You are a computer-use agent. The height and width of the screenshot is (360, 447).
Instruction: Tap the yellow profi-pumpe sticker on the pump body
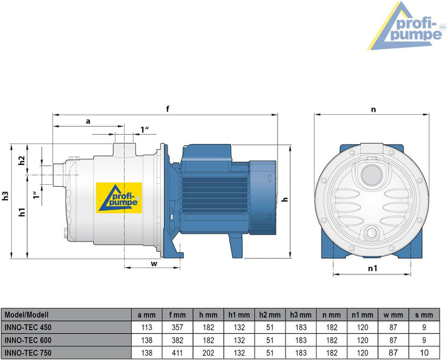pyautogui.click(x=119, y=197)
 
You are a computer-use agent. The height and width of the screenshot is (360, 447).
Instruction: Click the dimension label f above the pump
pyautogui.click(x=168, y=109)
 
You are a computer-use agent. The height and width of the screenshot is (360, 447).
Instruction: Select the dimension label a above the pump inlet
pyautogui.click(x=88, y=122)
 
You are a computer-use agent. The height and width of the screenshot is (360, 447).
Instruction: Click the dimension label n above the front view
pyautogui.click(x=373, y=109)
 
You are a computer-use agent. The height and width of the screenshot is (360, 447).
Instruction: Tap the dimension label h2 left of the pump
pyautogui.click(x=22, y=161)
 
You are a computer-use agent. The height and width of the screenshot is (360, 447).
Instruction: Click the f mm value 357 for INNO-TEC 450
pyautogui.click(x=178, y=327)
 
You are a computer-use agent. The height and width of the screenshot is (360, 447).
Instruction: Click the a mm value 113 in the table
pyautogui.click(x=147, y=327)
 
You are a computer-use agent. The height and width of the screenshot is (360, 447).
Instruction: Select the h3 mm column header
pyautogui.click(x=301, y=315)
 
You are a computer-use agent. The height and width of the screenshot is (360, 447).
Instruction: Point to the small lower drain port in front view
pyautogui.click(x=373, y=233)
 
